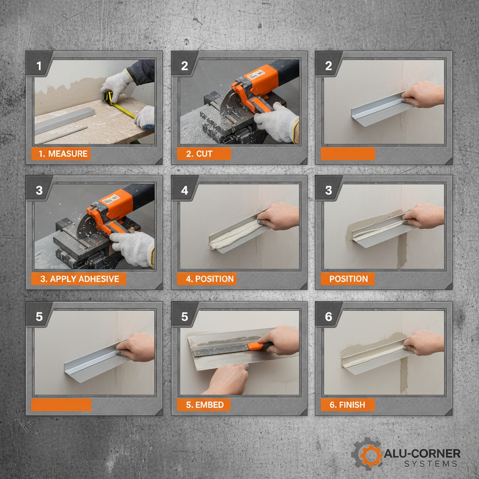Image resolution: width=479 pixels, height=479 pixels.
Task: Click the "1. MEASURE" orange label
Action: pos(61,153)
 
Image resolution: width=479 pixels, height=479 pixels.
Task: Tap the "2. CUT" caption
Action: pos(203,153)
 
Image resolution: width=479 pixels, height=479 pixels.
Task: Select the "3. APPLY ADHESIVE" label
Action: pos(79,279)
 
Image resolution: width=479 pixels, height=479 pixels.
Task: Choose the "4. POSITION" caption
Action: pos(206,279)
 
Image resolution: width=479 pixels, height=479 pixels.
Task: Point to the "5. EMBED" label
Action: pos(203,405)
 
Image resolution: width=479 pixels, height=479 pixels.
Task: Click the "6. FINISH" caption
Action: pos(348,405)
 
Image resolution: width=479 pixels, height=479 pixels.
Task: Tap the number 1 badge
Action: pos(39,66)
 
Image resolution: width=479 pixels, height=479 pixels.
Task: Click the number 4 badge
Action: pos(184,191)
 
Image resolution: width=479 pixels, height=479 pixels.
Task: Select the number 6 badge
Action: pos(328,317)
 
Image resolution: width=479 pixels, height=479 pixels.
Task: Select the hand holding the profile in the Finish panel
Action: pos(423,343)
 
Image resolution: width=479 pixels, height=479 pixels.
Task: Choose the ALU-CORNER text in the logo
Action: pos(422,453)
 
